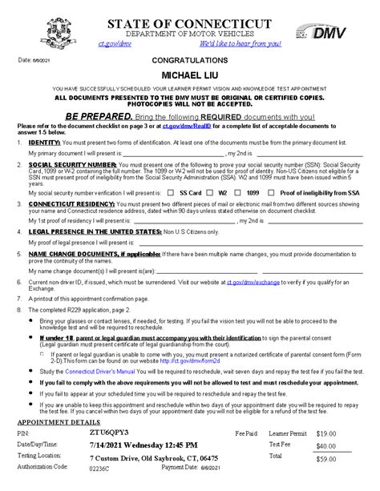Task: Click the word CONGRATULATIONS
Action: tap(191, 60)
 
